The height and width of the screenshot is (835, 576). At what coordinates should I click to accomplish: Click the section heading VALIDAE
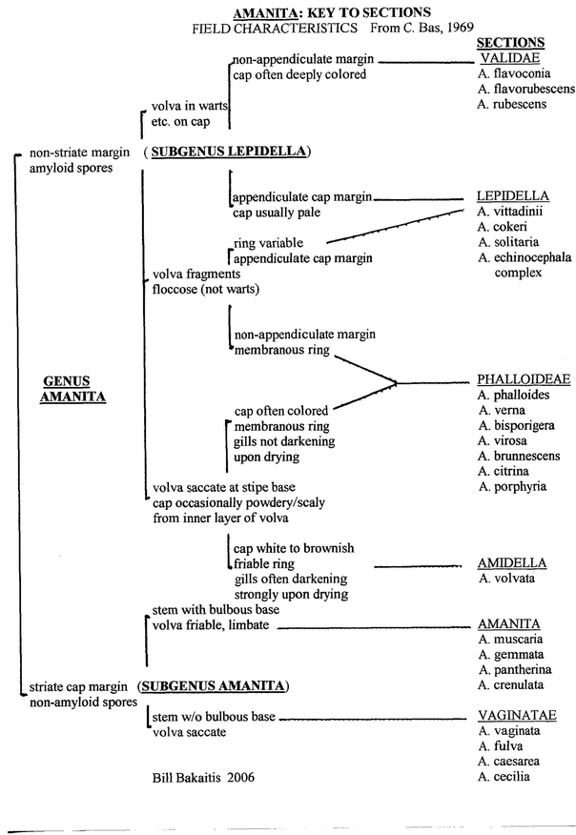click(x=510, y=58)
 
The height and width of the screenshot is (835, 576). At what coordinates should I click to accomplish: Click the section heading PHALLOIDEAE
click(x=524, y=379)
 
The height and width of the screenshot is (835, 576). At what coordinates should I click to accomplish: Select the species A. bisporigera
click(x=520, y=425)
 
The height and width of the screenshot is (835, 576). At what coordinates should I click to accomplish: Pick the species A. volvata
click(x=508, y=578)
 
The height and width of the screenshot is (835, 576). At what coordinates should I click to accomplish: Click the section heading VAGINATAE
click(x=517, y=715)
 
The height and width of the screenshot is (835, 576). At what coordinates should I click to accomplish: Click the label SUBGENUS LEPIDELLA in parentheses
click(x=230, y=151)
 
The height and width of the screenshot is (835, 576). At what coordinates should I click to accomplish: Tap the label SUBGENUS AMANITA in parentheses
click(x=213, y=685)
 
